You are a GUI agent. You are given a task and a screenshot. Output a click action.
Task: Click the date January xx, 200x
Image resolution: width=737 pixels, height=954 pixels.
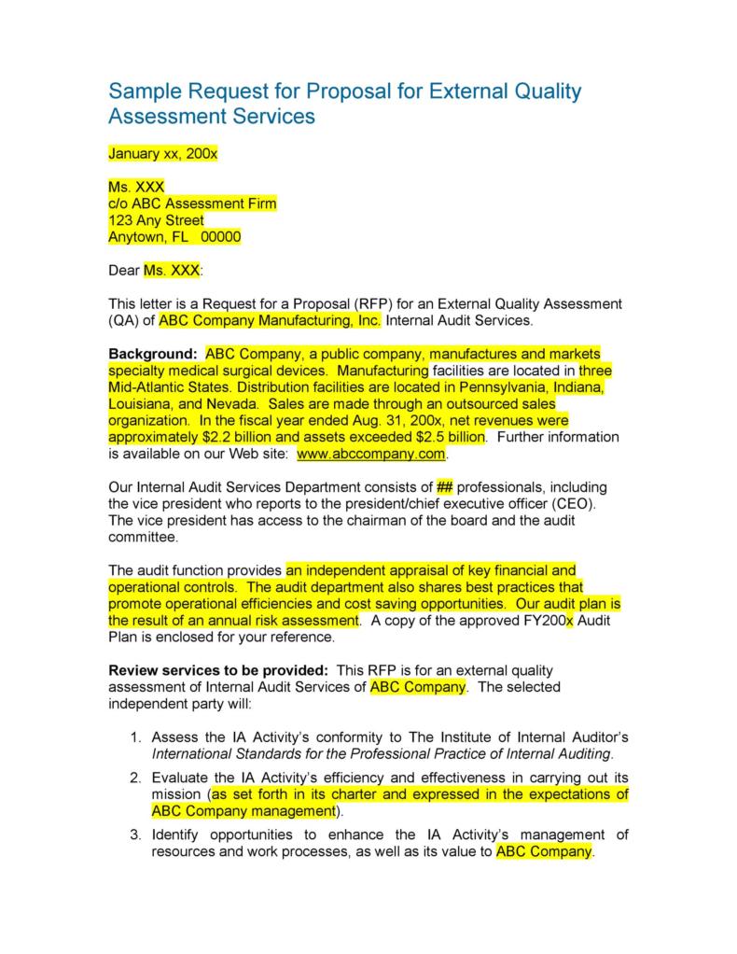163,153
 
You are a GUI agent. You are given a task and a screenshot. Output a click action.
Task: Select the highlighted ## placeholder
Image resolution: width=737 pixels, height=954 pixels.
444,487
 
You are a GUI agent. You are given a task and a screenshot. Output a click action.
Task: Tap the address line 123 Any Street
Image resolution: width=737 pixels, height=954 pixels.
157,220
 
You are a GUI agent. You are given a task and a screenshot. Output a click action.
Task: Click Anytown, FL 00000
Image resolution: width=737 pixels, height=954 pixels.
174,237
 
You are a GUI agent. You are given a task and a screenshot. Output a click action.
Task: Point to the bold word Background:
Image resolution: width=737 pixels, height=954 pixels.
153,354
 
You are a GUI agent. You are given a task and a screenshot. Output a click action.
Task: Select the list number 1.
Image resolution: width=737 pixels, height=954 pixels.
135,737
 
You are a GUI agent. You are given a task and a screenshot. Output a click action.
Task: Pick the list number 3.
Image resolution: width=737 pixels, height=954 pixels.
135,835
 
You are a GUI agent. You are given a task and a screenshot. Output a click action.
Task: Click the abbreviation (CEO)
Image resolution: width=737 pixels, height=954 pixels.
570,504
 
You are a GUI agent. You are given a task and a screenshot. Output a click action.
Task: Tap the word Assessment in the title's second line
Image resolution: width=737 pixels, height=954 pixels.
162,117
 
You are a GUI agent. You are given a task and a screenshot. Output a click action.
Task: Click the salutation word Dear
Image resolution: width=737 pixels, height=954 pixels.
124,271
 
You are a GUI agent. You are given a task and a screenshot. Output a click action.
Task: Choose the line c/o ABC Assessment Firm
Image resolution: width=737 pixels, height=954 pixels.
193,203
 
